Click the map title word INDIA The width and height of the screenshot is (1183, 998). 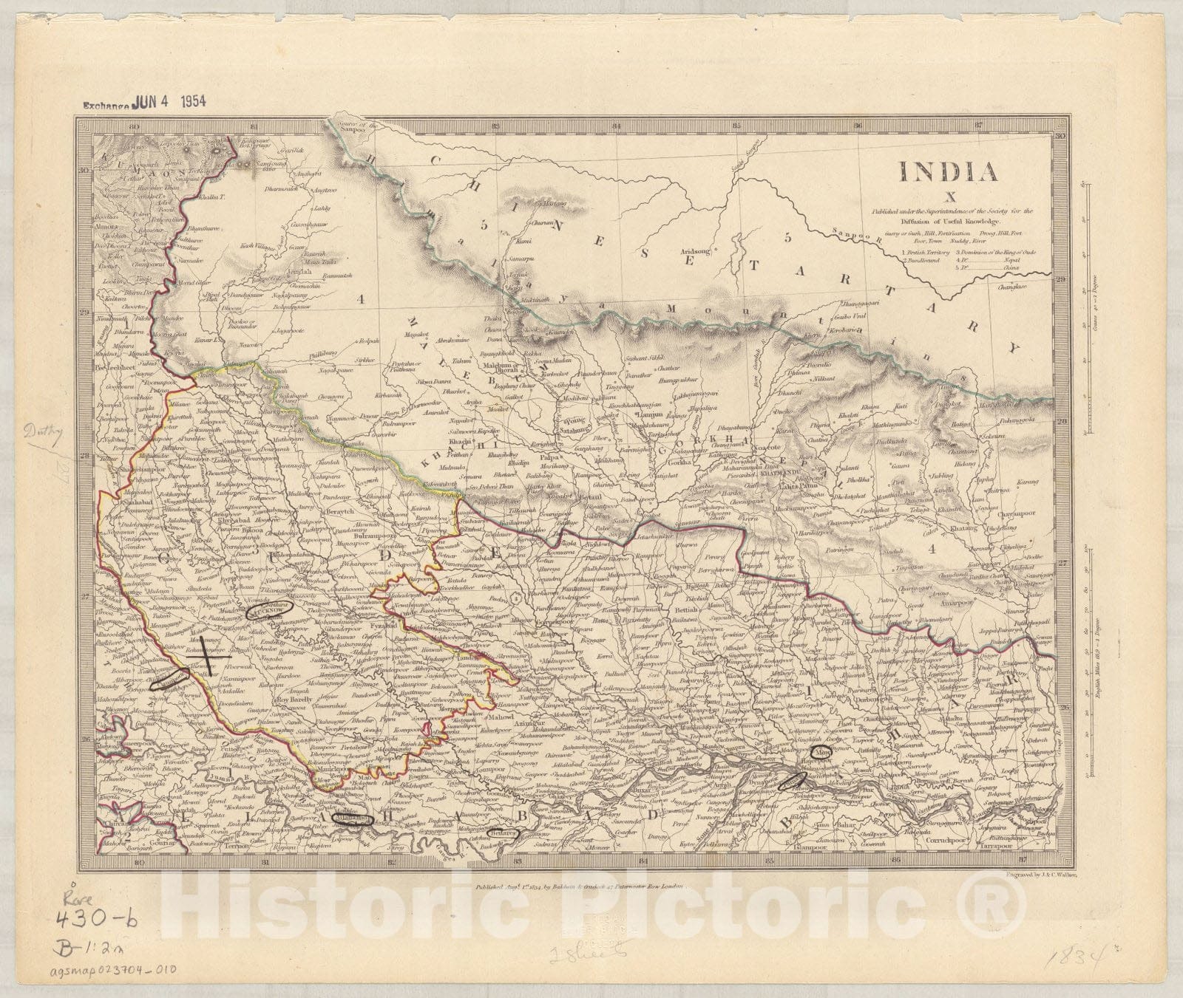coord(948,171)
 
